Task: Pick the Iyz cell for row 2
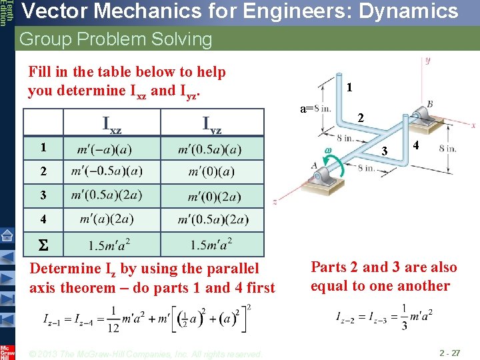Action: point(211,171)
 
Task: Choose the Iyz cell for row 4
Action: point(213,219)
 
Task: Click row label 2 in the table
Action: point(42,171)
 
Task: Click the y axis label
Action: point(427,61)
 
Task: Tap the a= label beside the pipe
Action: point(306,108)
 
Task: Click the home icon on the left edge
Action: point(7,235)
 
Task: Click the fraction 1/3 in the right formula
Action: point(405,314)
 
